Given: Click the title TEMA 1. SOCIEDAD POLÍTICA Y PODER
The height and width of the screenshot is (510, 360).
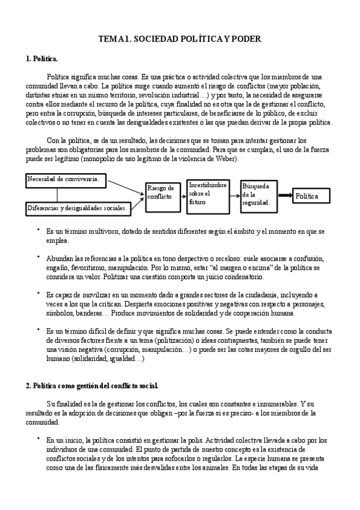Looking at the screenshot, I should tap(180, 38).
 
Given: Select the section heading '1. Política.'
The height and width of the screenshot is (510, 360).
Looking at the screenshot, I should tap(42, 60).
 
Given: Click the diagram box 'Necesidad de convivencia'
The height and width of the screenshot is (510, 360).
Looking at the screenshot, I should tap(66, 179).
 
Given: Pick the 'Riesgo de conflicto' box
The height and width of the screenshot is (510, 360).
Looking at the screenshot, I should tap(162, 193).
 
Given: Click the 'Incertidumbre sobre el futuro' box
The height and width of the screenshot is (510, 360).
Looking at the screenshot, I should tap(207, 194).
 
